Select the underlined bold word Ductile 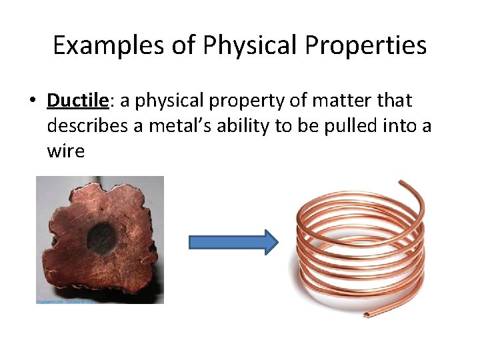[x=77, y=101]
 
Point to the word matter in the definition [x=341, y=101]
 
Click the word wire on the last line [x=65, y=151]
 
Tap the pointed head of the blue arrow [x=271, y=243]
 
